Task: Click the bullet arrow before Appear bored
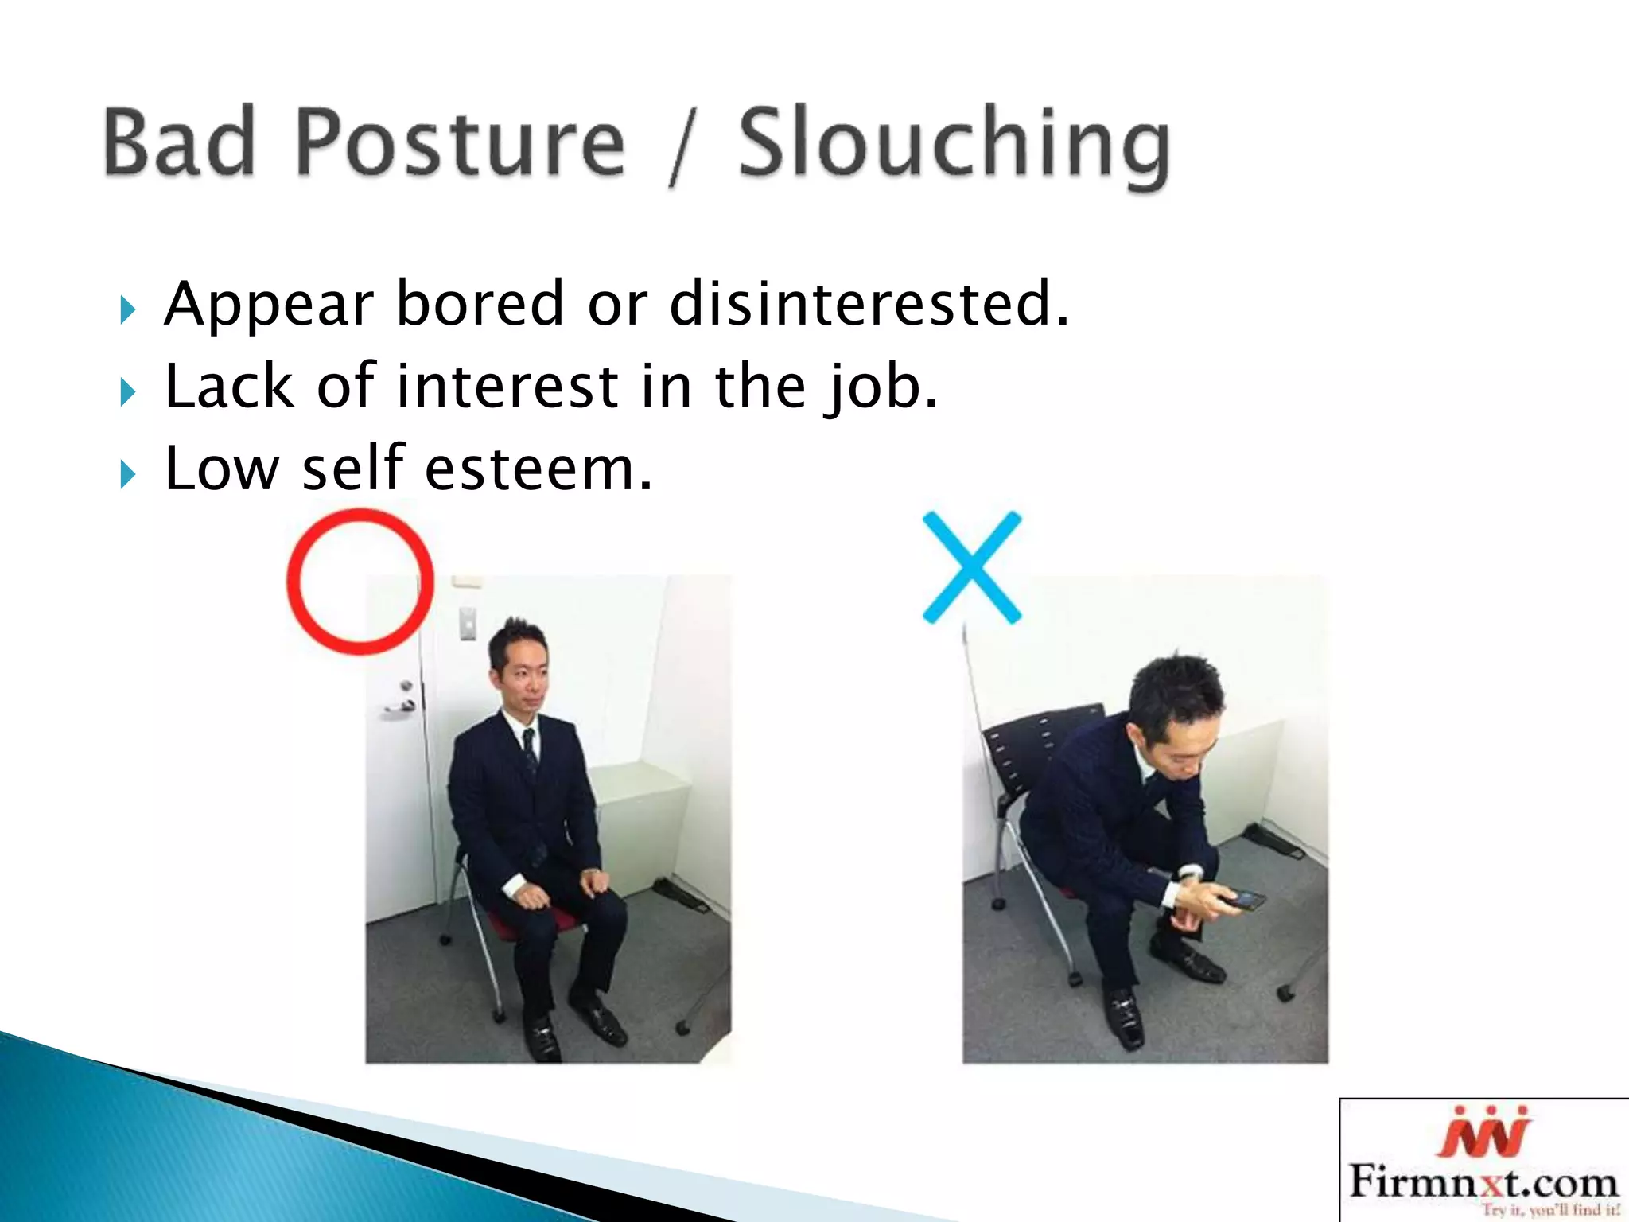[128, 309]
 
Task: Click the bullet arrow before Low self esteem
[128, 474]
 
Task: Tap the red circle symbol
[360, 582]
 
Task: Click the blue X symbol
[971, 567]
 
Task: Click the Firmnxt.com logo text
[1483, 1181]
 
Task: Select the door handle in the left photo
[402, 703]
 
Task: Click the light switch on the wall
[468, 623]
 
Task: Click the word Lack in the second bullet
[229, 387]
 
